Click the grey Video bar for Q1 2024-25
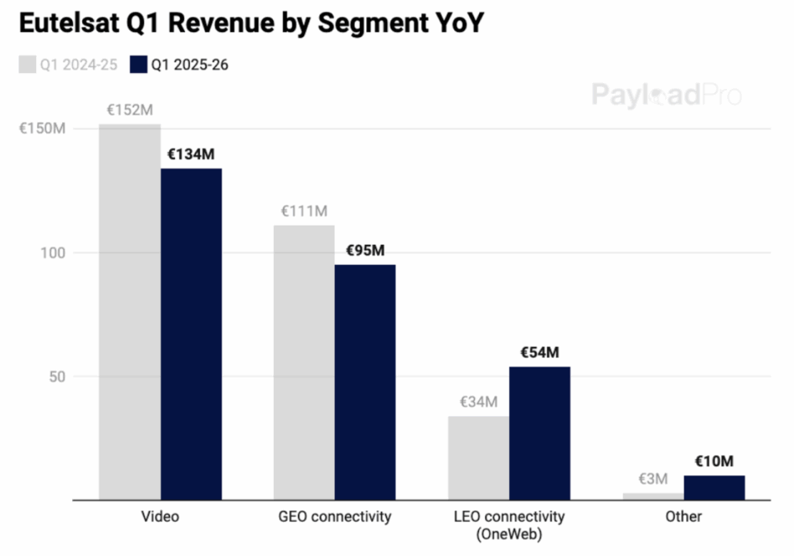[130, 312]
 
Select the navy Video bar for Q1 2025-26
[191, 334]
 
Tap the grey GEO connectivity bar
[304, 362]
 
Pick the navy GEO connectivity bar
[365, 382]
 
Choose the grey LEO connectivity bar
[478, 458]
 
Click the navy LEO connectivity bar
[539, 433]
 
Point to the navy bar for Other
[714, 487]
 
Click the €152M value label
[130, 110]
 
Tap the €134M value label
[191, 154]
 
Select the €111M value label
[304, 210]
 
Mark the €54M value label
[539, 352]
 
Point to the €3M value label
[652, 479]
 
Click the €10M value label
[714, 461]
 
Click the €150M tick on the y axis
[42, 129]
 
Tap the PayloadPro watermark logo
[666, 94]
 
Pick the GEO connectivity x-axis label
[335, 517]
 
